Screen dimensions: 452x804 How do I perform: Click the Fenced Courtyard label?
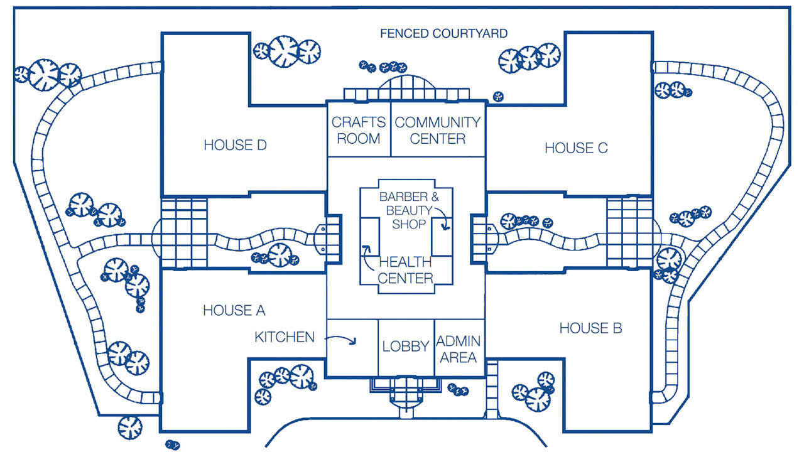coord(443,33)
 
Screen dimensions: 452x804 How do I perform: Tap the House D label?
coord(235,145)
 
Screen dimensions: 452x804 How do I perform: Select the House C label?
coord(576,148)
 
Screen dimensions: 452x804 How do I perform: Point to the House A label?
coord(234,310)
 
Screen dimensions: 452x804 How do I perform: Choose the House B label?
coord(590,328)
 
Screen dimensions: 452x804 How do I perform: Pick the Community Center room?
coord(437,130)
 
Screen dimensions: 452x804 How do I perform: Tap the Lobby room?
coord(405,346)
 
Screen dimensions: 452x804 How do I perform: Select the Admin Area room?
coord(459,349)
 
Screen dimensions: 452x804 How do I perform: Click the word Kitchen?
coord(285,337)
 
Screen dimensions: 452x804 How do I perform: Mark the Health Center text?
coord(405,269)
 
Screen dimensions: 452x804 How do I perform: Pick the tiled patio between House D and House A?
coord(183,232)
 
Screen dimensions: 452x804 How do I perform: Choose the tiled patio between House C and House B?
coord(629,232)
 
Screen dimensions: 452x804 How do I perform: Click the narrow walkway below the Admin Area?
coord(492,389)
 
